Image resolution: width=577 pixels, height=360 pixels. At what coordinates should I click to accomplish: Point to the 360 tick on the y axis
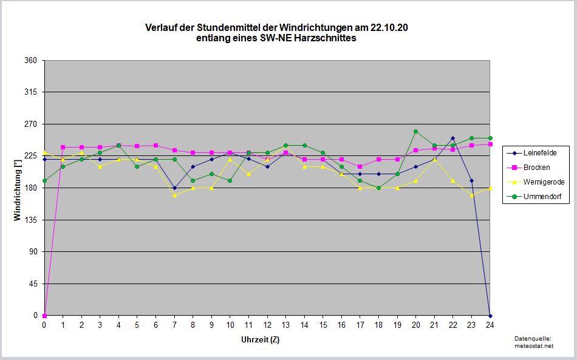pyautogui.click(x=31, y=61)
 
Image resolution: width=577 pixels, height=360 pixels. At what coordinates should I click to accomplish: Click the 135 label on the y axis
pyautogui.click(x=31, y=220)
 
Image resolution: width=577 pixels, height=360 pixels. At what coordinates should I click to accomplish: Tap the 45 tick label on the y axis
pyautogui.click(x=33, y=284)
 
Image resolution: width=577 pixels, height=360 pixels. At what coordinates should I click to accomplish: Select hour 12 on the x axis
pyautogui.click(x=267, y=325)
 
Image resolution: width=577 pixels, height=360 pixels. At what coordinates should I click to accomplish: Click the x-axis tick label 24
pyautogui.click(x=490, y=325)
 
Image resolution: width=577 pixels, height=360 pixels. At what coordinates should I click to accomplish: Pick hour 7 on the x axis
pyautogui.click(x=174, y=325)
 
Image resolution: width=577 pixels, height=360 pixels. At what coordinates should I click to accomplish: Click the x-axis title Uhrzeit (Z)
pyautogui.click(x=260, y=339)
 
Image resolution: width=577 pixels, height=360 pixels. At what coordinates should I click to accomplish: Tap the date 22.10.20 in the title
pyautogui.click(x=398, y=28)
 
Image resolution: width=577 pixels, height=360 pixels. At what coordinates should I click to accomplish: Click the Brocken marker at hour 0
pyautogui.click(x=44, y=316)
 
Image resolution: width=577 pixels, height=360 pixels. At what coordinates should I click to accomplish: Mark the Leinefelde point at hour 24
pyautogui.click(x=490, y=316)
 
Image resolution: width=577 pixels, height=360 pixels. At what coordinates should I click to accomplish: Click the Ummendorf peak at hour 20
pyautogui.click(x=416, y=131)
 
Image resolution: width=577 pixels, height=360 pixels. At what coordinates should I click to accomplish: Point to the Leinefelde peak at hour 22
pyautogui.click(x=453, y=138)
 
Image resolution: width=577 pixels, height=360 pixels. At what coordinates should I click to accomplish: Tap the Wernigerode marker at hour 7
pyautogui.click(x=174, y=195)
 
